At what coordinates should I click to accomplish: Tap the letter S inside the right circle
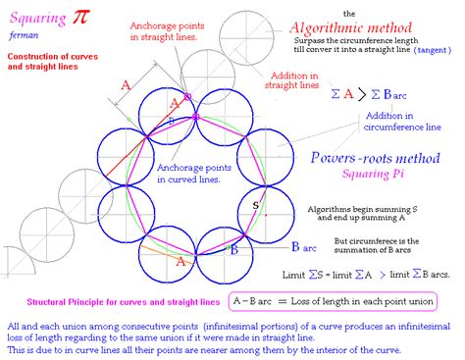(x=256, y=205)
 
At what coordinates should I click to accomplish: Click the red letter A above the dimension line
(x=125, y=85)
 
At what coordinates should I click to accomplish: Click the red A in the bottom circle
(x=180, y=262)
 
